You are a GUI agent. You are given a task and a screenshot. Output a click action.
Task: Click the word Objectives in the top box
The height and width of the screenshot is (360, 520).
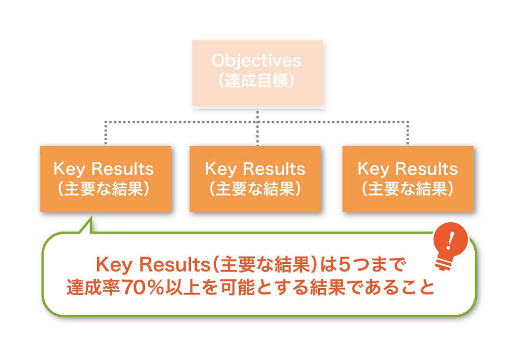[256, 61]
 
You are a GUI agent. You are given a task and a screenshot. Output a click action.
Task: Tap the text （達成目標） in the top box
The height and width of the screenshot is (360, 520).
[256, 81]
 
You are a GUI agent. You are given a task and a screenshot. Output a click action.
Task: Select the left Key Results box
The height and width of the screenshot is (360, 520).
[105, 178]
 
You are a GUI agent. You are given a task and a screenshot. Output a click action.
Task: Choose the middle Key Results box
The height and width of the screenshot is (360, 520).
[255, 178]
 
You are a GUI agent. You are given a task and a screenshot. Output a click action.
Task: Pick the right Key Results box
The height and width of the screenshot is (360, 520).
[408, 178]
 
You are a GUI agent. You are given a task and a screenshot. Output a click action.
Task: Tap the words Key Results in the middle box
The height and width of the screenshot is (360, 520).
[255, 169]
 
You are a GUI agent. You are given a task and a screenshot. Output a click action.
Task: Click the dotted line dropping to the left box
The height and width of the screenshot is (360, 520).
[105, 134]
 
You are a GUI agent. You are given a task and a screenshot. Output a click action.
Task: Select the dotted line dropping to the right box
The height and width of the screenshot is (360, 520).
[408, 134]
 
